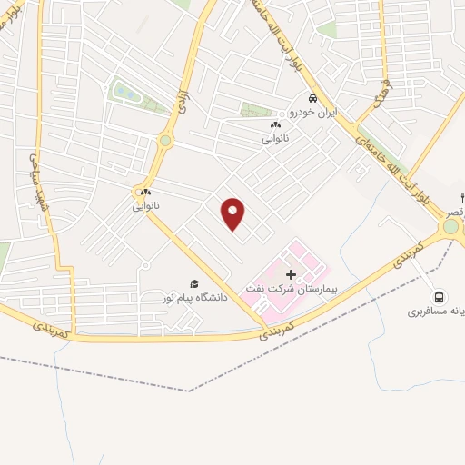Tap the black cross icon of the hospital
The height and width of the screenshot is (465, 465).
coord(291,273)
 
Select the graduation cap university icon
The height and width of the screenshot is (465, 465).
coord(193,283)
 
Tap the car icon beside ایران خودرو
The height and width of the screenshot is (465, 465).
coord(312,99)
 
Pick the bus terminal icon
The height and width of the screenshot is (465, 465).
coord(440,296)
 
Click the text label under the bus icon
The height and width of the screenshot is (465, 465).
coord(437,311)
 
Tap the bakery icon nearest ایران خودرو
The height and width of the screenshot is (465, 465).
coord(275,124)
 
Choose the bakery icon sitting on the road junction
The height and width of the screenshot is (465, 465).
coord(145,192)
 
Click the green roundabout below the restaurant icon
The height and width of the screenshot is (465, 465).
coord(450,225)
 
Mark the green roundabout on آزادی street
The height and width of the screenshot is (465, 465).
coord(165,141)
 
